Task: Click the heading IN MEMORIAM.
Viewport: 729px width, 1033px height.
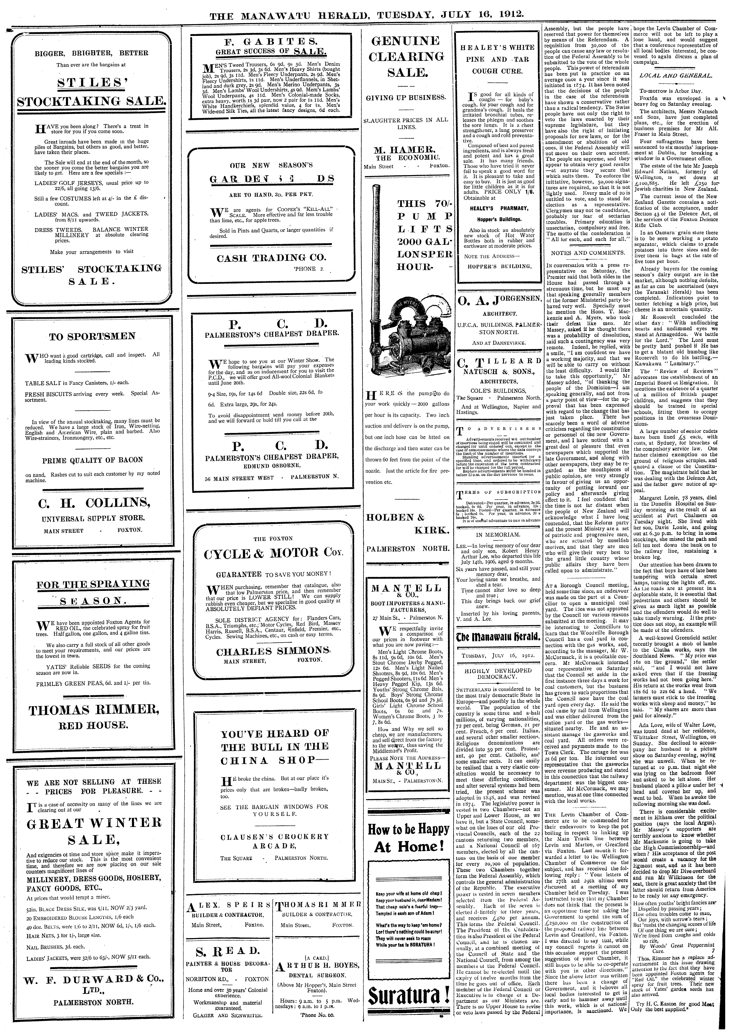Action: point(498,534)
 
